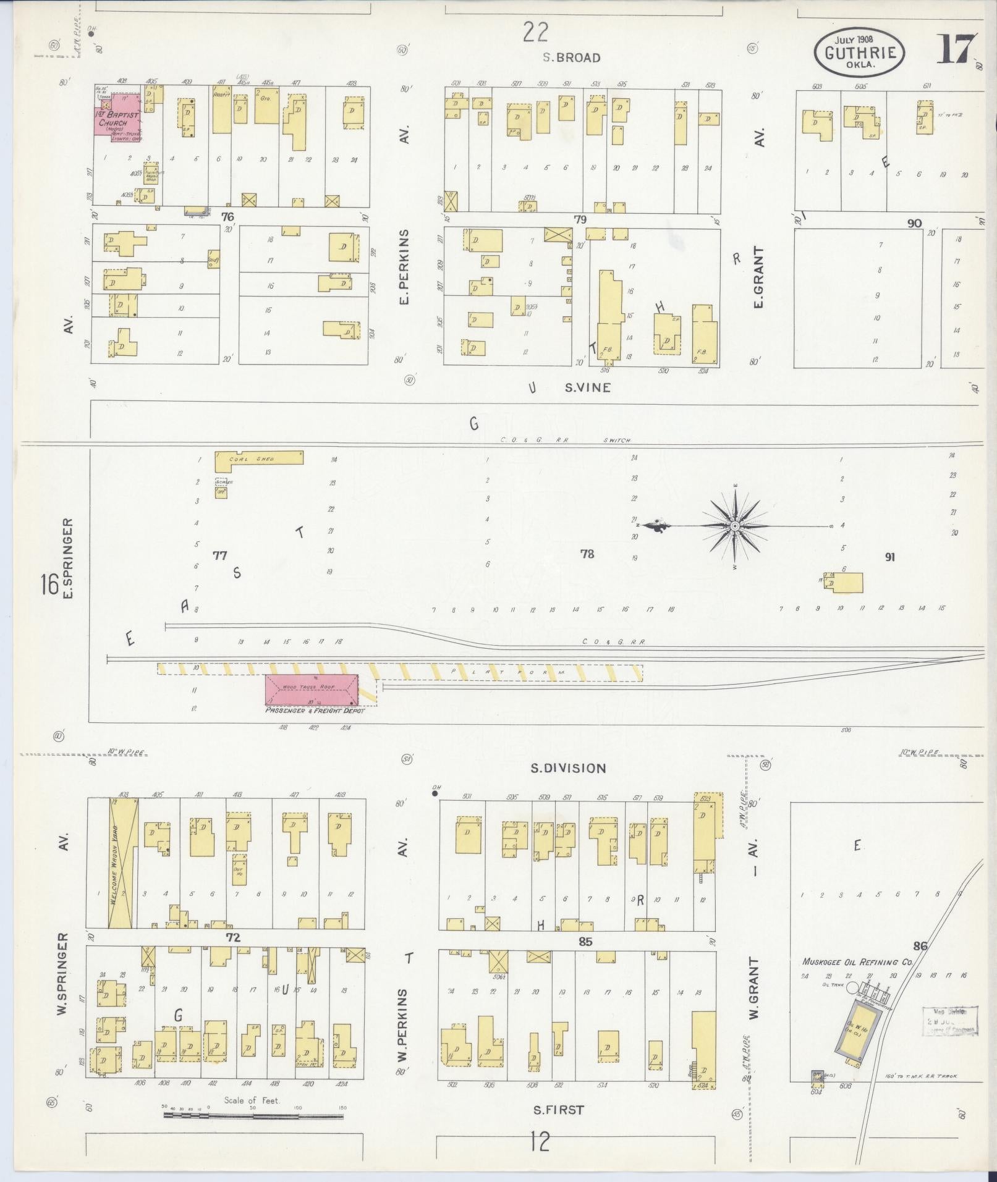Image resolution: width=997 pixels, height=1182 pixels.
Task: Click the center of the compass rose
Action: click(x=735, y=526)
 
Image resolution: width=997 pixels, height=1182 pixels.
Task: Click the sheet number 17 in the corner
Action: click(x=957, y=49)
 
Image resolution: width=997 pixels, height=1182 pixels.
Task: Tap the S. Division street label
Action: click(x=568, y=768)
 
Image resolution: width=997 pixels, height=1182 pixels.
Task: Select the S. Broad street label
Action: click(x=571, y=57)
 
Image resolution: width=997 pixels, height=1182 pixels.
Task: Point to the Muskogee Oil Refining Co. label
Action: click(x=857, y=962)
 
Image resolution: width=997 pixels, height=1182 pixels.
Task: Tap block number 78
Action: click(x=587, y=554)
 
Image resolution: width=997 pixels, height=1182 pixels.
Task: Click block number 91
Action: click(x=889, y=557)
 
